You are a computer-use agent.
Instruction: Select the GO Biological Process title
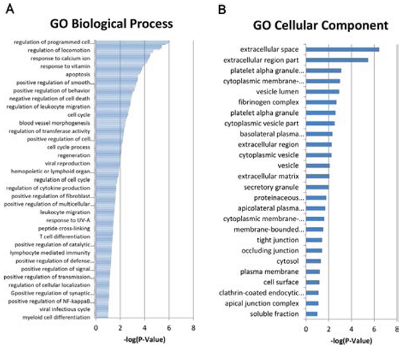111,24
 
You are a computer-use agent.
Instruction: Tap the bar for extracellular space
343,49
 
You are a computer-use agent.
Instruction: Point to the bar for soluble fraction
312,314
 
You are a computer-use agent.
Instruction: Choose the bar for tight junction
314,240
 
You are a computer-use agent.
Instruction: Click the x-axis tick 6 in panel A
169,328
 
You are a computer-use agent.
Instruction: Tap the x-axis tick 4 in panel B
351,330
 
